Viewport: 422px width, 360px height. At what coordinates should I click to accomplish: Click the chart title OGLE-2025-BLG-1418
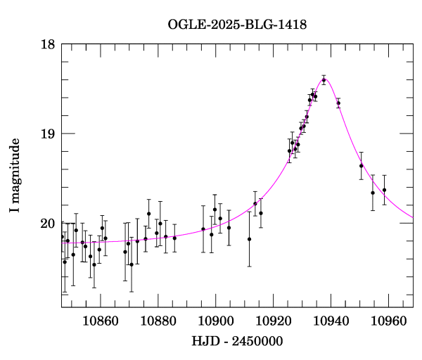(237, 25)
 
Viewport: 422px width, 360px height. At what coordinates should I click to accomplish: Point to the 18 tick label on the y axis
(48, 44)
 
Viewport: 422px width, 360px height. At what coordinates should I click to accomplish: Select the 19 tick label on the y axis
(48, 134)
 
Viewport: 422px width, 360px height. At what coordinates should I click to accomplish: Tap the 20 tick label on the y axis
(48, 224)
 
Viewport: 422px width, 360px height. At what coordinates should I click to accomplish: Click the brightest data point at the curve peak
(324, 80)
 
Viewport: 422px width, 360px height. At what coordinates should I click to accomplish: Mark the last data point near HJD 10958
(384, 190)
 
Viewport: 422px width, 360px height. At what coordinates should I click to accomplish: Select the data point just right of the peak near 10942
(338, 103)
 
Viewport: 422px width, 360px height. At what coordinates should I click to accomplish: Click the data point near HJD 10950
(361, 166)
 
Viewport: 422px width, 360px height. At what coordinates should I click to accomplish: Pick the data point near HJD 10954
(373, 193)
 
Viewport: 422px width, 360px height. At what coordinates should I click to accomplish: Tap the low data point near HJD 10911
(249, 239)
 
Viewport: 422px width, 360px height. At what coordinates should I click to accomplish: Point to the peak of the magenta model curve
(325, 78)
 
